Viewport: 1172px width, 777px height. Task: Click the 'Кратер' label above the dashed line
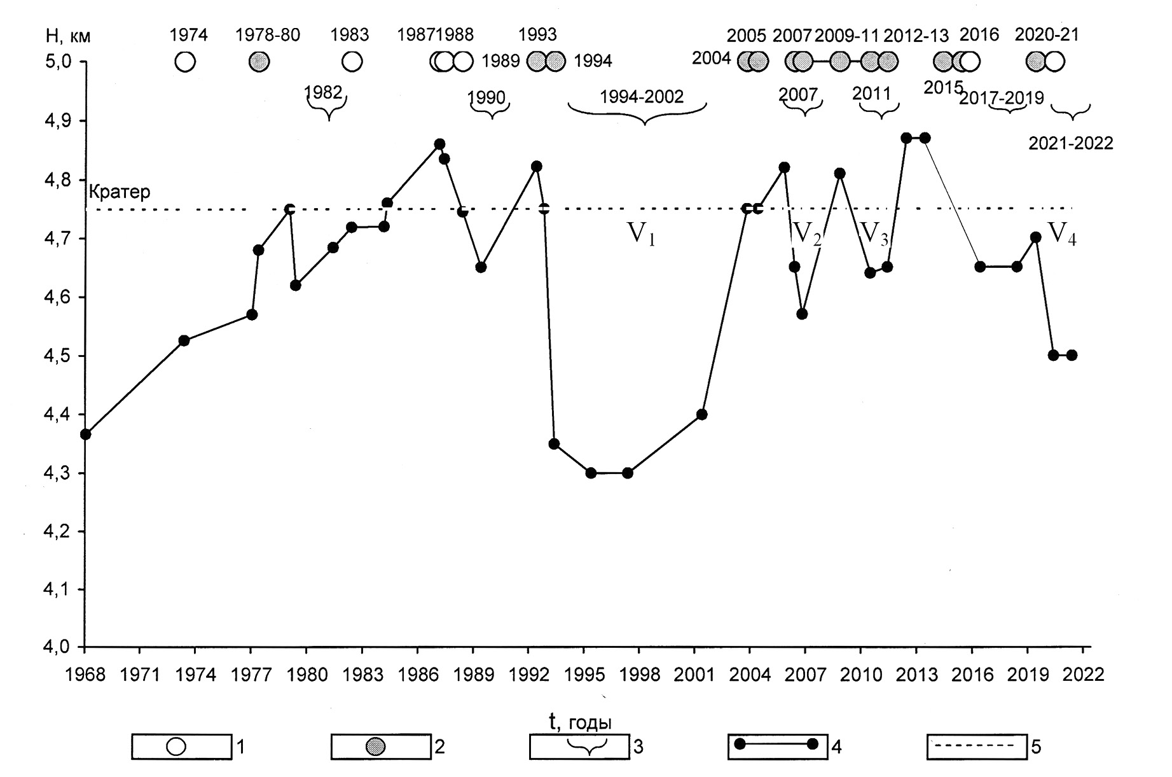coord(120,192)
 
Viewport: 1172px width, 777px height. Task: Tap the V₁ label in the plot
coord(641,235)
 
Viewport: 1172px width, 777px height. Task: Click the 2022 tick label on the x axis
coord(1087,674)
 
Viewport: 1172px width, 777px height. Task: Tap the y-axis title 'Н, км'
coord(68,36)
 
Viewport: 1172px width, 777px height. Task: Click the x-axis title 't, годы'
coord(580,722)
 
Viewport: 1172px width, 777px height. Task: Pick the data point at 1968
coord(85,435)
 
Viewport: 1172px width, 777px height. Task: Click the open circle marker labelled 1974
coord(185,62)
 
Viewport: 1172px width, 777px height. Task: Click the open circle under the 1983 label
coord(352,62)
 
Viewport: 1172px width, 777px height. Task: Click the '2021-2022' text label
coord(1071,144)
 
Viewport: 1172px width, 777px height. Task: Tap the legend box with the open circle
coord(181,746)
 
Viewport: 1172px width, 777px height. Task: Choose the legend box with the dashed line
coord(976,746)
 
